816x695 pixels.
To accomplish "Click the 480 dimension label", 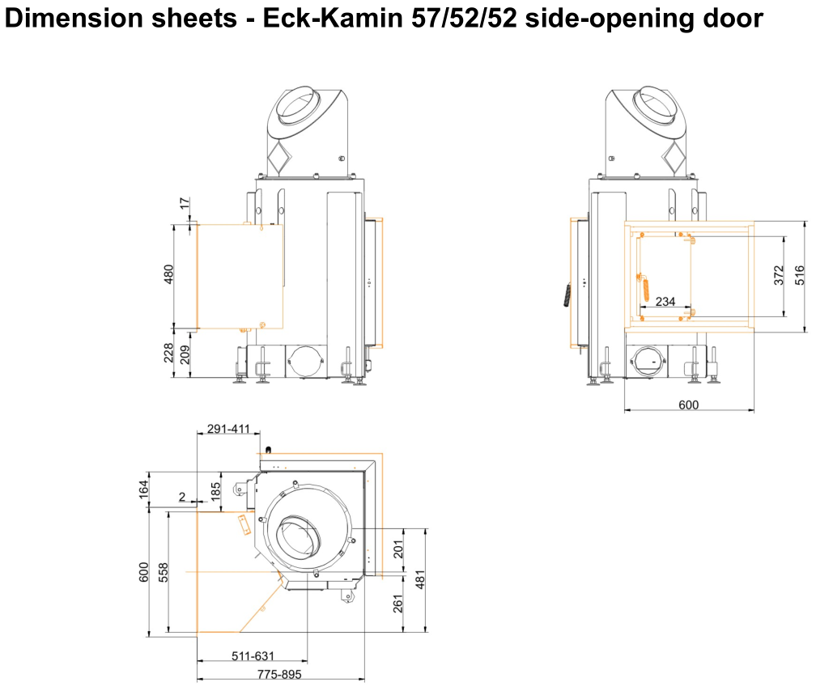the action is click(x=168, y=274).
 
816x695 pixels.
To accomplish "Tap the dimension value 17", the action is click(x=185, y=203).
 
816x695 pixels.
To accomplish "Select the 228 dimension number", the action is click(x=168, y=353).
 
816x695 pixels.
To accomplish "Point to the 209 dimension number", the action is click(x=185, y=355).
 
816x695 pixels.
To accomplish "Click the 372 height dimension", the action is click(x=779, y=275).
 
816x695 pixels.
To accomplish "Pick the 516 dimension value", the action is click(x=800, y=275).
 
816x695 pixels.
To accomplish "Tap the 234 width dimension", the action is click(x=665, y=301).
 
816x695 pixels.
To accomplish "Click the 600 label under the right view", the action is click(x=688, y=405).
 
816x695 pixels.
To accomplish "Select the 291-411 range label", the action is click(x=228, y=429).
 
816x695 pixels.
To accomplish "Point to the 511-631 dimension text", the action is click(x=253, y=656).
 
